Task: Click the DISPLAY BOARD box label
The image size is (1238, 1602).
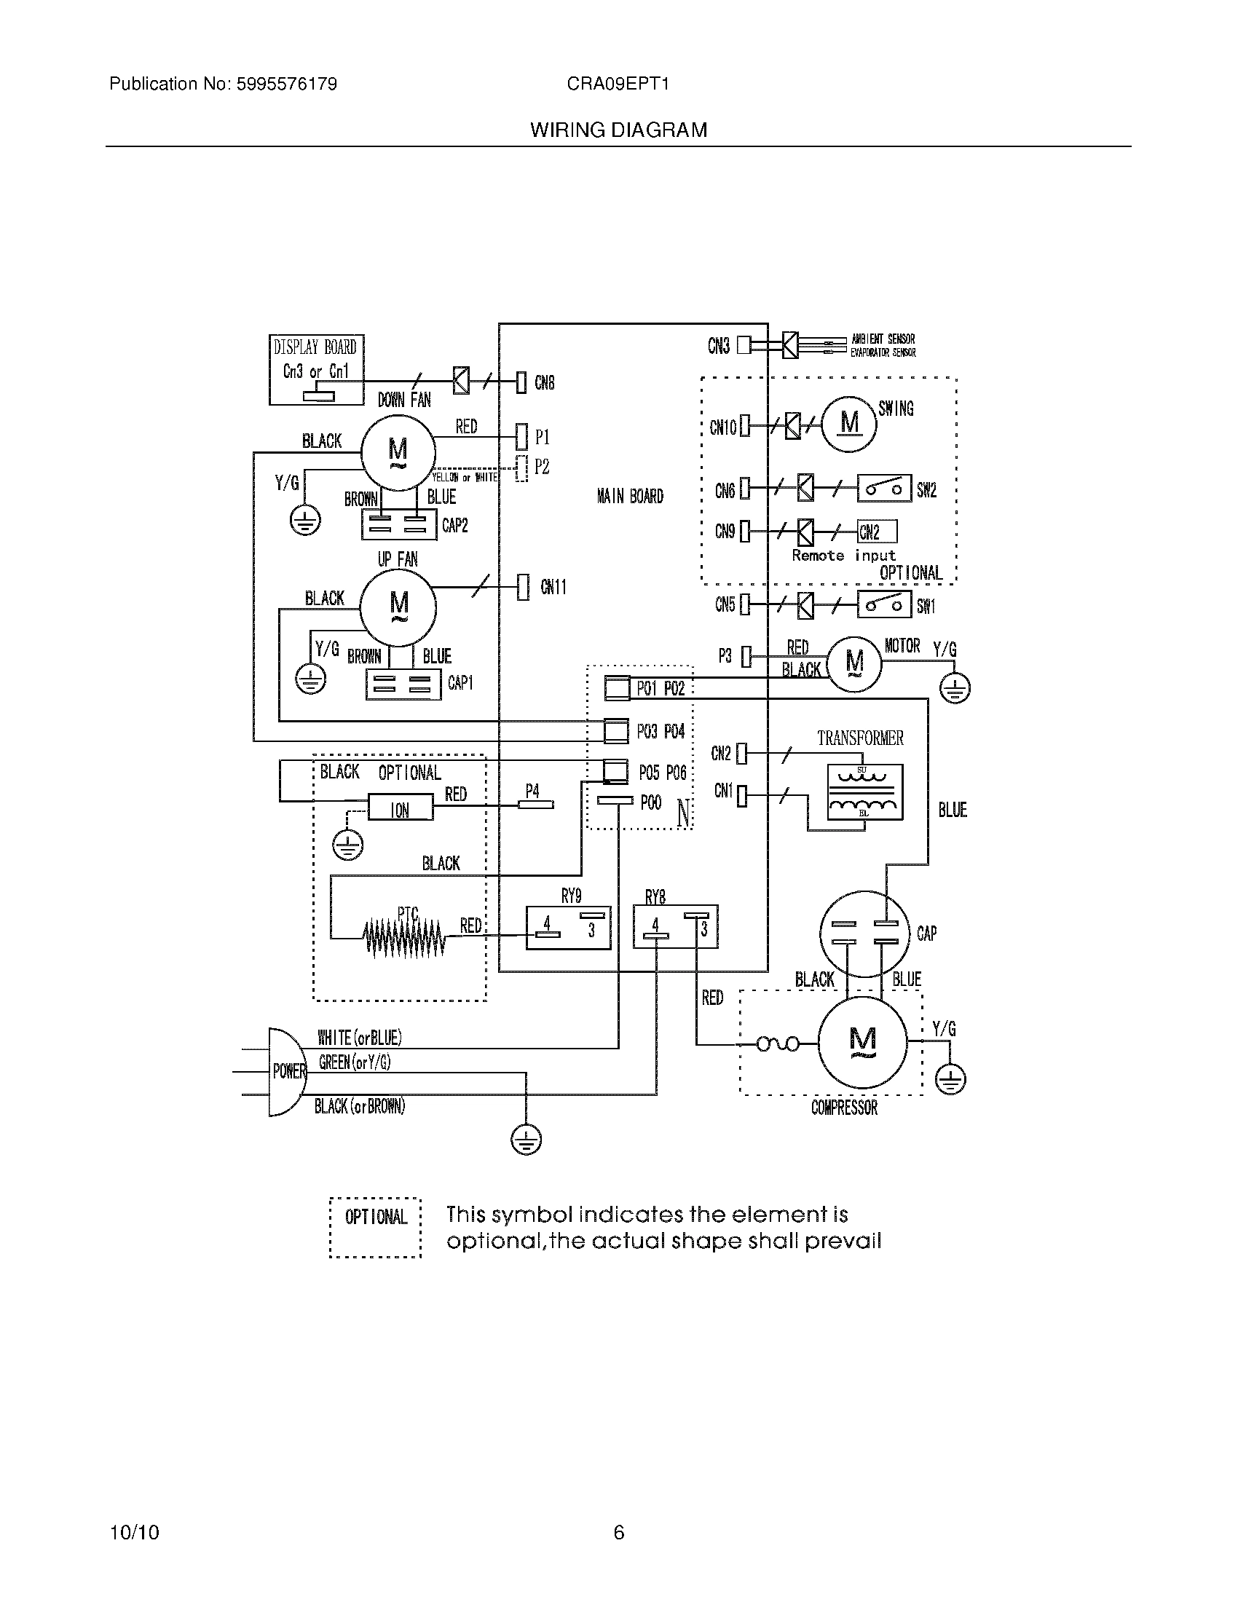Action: tap(315, 347)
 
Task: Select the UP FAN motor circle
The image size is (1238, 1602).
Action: tap(398, 607)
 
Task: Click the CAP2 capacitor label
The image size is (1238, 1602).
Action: tap(454, 526)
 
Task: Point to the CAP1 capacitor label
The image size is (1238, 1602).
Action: tap(460, 683)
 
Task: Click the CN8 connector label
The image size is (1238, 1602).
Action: tap(544, 382)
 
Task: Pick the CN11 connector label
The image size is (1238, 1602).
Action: tap(553, 587)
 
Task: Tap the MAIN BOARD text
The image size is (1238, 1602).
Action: tap(630, 497)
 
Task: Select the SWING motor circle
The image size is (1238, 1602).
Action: tap(849, 423)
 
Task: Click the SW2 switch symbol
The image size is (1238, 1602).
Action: tap(884, 489)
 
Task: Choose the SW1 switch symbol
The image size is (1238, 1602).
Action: tap(884, 605)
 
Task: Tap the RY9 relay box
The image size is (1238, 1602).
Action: tap(569, 928)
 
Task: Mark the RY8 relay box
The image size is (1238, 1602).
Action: tap(676, 926)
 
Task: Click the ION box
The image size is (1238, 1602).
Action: tap(400, 809)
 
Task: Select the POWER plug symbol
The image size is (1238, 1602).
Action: tap(286, 1072)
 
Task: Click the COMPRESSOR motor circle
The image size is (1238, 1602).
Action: tap(862, 1041)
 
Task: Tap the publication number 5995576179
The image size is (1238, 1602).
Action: tap(286, 84)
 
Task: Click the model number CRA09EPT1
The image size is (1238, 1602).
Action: tap(618, 84)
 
